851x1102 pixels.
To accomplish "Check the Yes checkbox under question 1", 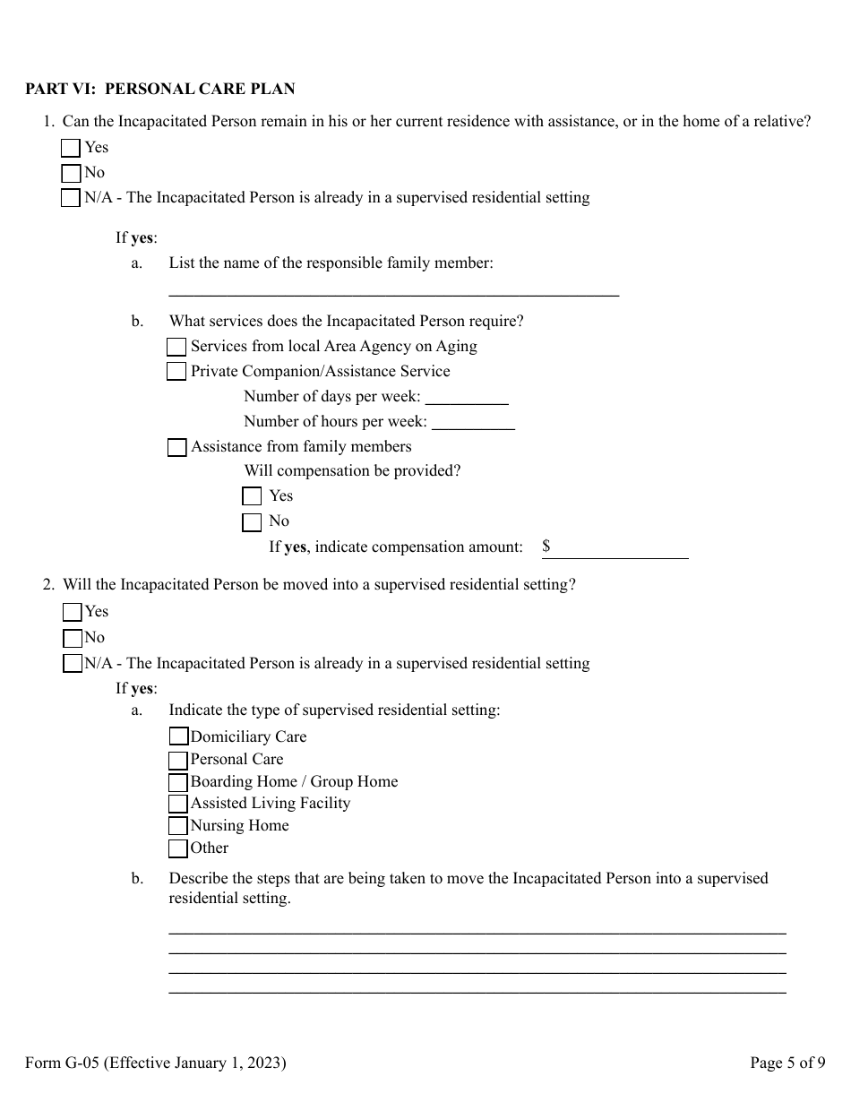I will (71, 148).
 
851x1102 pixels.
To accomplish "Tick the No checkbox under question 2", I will (73, 638).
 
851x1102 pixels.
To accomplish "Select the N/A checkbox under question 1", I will (71, 198).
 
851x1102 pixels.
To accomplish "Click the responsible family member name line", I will (393, 288).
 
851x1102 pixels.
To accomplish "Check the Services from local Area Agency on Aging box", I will (177, 347).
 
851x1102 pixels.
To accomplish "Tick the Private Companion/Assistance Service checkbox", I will (177, 372).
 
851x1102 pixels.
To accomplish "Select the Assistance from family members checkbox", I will (177, 447).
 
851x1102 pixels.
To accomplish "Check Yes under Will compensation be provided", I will (253, 496).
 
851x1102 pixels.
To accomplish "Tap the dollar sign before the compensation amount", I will (546, 546).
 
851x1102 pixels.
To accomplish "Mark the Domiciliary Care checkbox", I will (178, 736).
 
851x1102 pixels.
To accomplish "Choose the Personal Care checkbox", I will (178, 760).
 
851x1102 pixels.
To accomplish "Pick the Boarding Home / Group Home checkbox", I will (178, 782).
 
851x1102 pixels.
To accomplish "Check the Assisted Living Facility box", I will (178, 804).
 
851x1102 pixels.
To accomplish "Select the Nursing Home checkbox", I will (178, 826).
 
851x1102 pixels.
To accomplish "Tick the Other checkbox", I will (178, 848).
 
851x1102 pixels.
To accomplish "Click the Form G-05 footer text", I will (156, 1063).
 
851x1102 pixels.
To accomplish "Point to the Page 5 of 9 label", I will (787, 1063).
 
